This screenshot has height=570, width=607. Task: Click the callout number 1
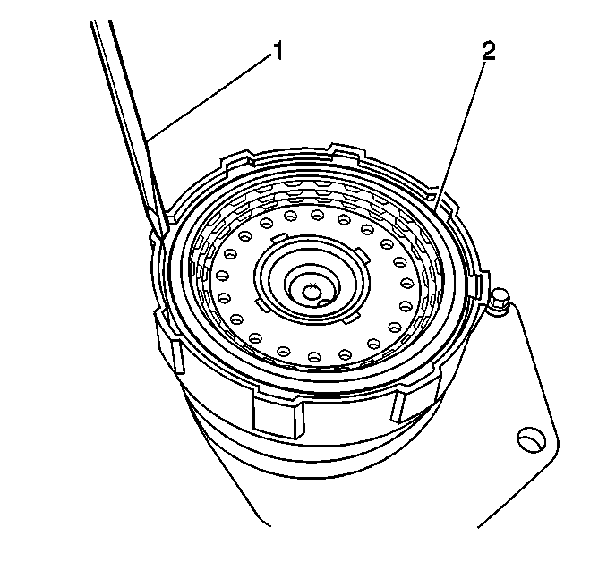(x=278, y=52)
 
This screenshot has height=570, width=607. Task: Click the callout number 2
(x=489, y=52)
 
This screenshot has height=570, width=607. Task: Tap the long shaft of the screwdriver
(x=128, y=116)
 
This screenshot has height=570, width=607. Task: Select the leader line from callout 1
(x=209, y=96)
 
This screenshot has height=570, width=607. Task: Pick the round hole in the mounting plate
(x=529, y=439)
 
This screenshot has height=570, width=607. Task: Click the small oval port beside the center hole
(x=324, y=302)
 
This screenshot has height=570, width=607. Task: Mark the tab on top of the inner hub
(x=280, y=238)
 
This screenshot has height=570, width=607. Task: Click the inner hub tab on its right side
(x=363, y=255)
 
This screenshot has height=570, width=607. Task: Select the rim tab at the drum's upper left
(x=235, y=159)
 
